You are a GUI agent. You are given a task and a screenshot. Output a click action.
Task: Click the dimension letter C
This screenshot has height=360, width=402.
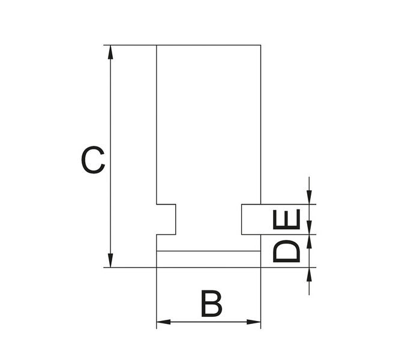click(93, 160)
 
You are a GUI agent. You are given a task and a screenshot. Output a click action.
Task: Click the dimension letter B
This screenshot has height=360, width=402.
click(212, 304)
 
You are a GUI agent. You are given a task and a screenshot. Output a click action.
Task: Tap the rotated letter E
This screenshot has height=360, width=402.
click(286, 219)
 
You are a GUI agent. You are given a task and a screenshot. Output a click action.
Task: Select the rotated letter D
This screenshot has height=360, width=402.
click(286, 251)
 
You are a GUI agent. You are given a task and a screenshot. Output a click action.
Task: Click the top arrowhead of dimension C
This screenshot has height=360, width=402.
click(110, 52)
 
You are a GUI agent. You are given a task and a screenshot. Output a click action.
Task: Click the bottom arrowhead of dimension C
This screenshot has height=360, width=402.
click(110, 260)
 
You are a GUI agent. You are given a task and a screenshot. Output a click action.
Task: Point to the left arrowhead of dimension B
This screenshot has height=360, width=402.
click(164, 322)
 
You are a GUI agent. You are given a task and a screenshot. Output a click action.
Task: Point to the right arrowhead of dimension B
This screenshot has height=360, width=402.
click(254, 322)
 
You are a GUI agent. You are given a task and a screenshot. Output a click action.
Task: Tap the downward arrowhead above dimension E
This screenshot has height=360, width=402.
click(309, 197)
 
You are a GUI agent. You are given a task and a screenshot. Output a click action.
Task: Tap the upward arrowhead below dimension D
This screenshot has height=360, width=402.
click(309, 275)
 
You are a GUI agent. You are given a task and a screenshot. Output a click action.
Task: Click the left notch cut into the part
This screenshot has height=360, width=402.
click(166, 220)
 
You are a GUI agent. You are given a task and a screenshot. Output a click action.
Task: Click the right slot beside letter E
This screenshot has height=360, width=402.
click(251, 220)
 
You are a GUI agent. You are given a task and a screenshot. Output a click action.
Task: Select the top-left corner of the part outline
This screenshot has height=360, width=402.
click(157, 45)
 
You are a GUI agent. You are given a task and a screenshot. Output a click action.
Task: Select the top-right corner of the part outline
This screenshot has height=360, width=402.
click(261, 45)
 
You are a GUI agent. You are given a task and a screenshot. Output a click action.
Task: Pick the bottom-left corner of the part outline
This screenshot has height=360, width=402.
click(157, 268)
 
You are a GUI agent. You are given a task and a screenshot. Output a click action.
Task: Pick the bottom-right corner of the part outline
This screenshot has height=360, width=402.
click(261, 268)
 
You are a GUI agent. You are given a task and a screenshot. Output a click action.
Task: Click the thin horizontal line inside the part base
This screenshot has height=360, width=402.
click(209, 251)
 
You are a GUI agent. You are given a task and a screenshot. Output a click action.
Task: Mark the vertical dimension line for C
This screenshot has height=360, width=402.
click(110, 157)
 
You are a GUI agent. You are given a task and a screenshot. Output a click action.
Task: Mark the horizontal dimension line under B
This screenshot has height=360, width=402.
click(209, 322)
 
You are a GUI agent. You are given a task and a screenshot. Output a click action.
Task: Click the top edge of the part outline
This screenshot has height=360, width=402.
click(209, 45)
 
